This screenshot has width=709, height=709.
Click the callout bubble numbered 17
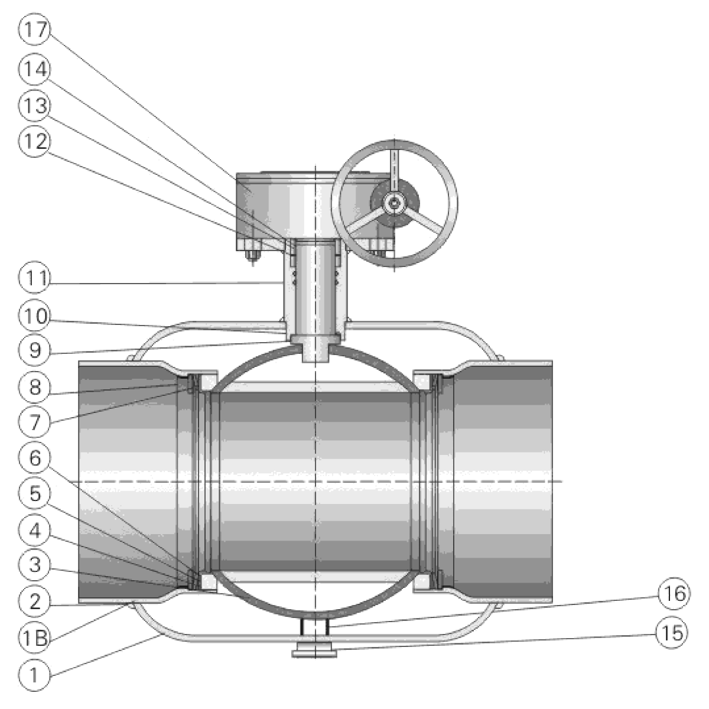[x=35, y=30]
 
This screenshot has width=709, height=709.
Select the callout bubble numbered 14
[x=35, y=69]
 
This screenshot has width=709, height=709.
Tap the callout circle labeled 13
[x=35, y=106]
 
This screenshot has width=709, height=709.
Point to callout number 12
[x=35, y=141]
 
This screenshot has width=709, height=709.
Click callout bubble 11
[x=35, y=278]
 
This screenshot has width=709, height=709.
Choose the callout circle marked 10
[x=35, y=316]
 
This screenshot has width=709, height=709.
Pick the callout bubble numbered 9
[x=35, y=350]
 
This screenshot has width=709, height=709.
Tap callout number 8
[x=35, y=386]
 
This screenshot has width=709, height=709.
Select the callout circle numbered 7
[x=35, y=422]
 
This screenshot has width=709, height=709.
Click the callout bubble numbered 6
[x=35, y=458]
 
